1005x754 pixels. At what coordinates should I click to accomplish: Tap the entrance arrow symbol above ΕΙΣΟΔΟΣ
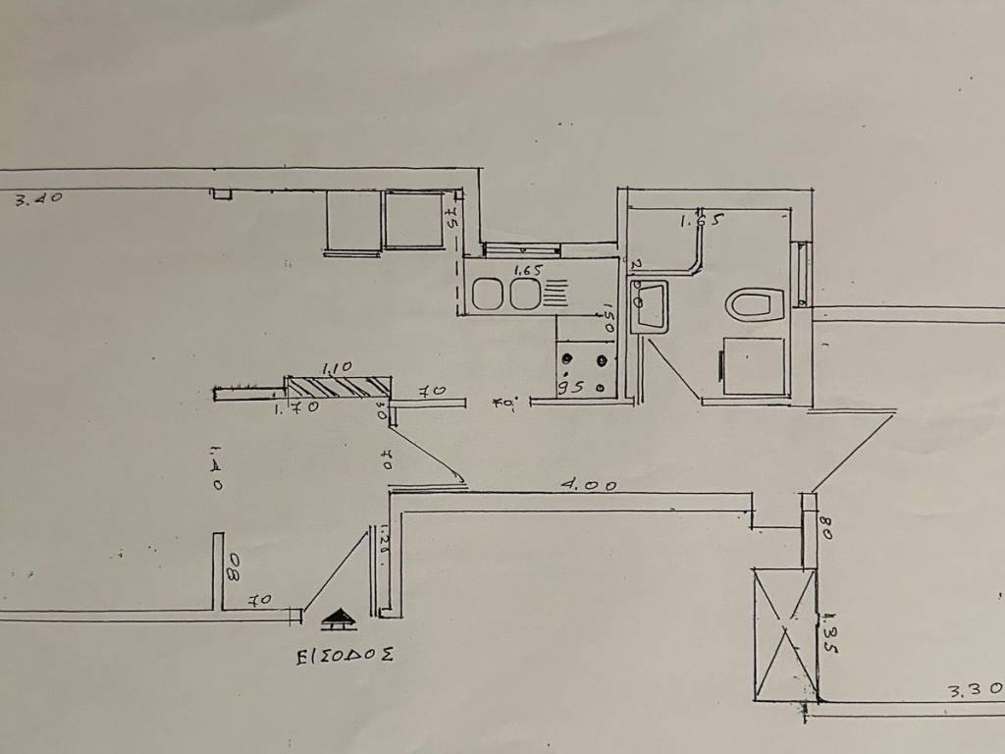point(339,619)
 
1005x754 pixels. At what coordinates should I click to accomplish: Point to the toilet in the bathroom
point(756,303)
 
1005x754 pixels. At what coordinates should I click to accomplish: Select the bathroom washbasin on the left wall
point(650,304)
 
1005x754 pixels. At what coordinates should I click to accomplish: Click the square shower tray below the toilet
point(754,365)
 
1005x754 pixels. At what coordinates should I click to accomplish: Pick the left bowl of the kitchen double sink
point(489,292)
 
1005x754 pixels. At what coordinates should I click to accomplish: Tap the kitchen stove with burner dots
point(584,365)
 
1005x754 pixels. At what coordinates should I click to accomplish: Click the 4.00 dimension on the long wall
point(589,484)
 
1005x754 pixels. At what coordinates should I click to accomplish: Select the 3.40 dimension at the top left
point(39,198)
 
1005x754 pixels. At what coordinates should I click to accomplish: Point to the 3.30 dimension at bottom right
point(975,691)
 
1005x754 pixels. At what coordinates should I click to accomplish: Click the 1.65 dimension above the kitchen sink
point(527,269)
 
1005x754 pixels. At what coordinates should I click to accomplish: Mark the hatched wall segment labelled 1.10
point(336,387)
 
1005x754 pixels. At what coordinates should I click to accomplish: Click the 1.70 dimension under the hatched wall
point(295,408)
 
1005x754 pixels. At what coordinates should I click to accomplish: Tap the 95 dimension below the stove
point(571,388)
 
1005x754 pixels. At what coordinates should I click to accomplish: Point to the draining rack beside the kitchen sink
point(555,292)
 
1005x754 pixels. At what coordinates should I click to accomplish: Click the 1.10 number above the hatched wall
point(336,367)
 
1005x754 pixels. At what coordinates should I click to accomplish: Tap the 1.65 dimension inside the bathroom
point(701,222)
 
